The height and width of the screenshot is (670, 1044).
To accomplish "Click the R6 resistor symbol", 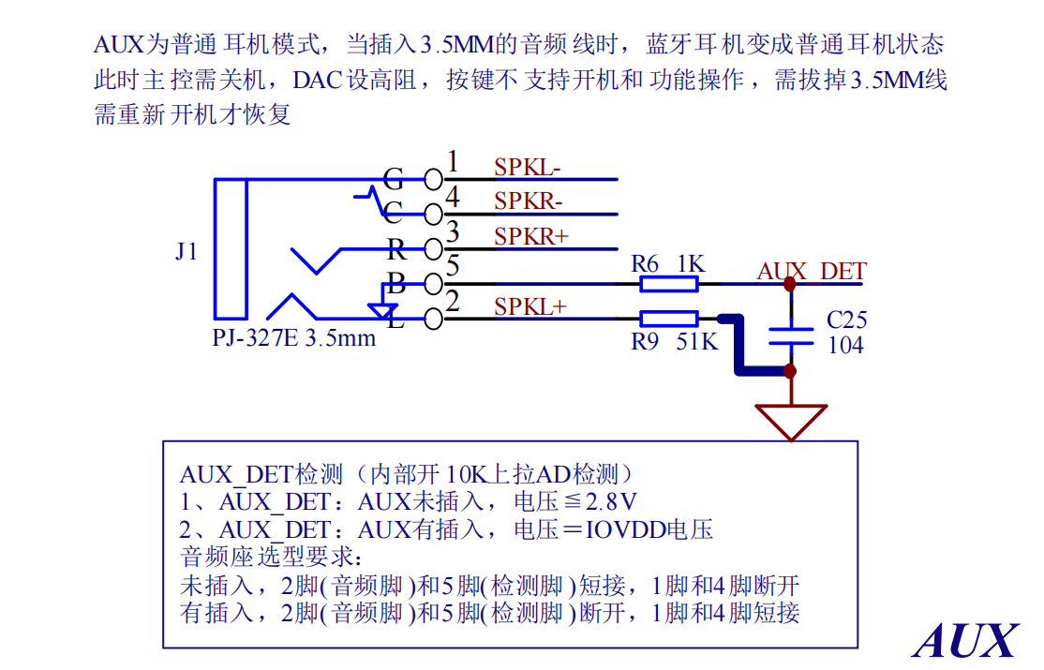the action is [x=668, y=284].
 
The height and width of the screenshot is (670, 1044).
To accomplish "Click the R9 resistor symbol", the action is [x=668, y=319].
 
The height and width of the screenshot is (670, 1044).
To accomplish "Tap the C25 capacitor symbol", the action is [x=791, y=335].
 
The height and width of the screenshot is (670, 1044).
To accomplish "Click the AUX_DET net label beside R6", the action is [x=812, y=271].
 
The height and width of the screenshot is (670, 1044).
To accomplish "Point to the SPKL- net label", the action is [x=528, y=167].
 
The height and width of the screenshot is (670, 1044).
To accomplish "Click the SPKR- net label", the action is [x=528, y=201].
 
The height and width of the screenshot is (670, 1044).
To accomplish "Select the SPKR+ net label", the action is [x=530, y=236].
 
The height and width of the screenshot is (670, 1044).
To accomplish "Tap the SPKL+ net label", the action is [x=530, y=306].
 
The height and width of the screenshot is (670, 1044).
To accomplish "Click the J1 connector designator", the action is [x=186, y=251].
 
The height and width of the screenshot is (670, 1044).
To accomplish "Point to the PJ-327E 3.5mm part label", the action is [x=293, y=337].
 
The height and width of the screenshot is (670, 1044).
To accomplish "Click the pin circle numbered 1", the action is [x=434, y=179].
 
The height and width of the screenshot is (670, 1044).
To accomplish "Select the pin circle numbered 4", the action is [x=434, y=215].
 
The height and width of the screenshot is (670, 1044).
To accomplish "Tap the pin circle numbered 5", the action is [x=434, y=284].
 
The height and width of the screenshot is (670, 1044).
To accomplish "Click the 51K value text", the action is [x=697, y=342].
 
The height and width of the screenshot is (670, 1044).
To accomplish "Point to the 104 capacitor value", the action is [x=845, y=345].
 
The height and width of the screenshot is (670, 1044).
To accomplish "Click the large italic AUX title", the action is [x=965, y=641].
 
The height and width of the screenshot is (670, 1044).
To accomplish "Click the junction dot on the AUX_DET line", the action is [x=790, y=284].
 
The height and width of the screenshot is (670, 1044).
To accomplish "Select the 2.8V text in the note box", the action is [x=610, y=500].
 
